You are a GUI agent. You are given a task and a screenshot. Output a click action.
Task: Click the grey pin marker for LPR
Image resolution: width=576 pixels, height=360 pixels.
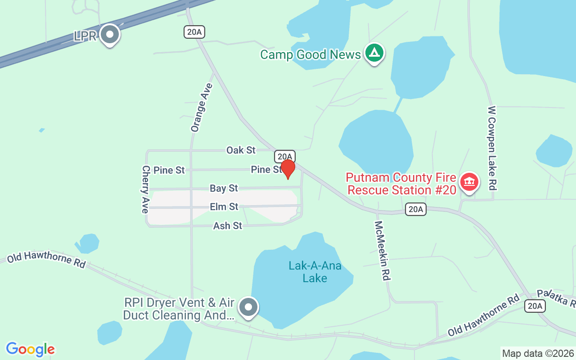[x=109, y=35]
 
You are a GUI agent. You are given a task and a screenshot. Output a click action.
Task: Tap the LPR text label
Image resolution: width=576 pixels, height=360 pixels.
[x=85, y=36]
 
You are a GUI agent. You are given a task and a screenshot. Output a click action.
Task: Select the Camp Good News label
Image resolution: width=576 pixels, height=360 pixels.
[x=310, y=55]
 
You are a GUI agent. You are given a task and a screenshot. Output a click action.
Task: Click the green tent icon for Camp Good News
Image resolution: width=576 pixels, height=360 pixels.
[x=374, y=53]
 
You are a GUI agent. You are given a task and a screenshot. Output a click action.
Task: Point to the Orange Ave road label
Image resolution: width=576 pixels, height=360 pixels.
[x=201, y=108]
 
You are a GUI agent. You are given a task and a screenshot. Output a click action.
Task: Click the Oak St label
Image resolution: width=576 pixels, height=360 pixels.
[x=241, y=150]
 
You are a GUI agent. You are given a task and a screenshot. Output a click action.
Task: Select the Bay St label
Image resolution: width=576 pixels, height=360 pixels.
[x=224, y=188]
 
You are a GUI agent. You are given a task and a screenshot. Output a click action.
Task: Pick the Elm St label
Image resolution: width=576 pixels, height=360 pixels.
[x=224, y=207]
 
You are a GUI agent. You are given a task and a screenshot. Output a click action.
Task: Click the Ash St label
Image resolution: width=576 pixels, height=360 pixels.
[x=228, y=225]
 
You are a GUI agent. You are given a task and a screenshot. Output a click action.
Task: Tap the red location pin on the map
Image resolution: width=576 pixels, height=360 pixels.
[x=288, y=169]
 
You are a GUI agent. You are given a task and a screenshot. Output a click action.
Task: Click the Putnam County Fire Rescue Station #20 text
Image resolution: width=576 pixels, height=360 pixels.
[x=401, y=184]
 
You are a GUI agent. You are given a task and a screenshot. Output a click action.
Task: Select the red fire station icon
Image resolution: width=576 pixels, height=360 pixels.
[x=469, y=182]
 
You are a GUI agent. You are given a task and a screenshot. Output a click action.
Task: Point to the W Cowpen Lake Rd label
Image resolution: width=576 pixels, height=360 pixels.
[x=492, y=148]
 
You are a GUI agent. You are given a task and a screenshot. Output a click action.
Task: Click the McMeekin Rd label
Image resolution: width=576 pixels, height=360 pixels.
[x=382, y=250]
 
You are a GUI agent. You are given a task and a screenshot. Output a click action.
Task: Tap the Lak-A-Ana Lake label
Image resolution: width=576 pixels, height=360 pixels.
[x=315, y=272]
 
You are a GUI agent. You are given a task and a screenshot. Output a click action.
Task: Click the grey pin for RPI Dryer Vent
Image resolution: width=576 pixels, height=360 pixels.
[x=248, y=307]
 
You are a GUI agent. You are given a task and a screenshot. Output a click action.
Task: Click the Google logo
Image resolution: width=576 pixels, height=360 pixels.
[x=30, y=349]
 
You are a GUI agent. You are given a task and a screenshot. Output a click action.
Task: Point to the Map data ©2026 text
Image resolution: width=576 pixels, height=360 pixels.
[x=538, y=353]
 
